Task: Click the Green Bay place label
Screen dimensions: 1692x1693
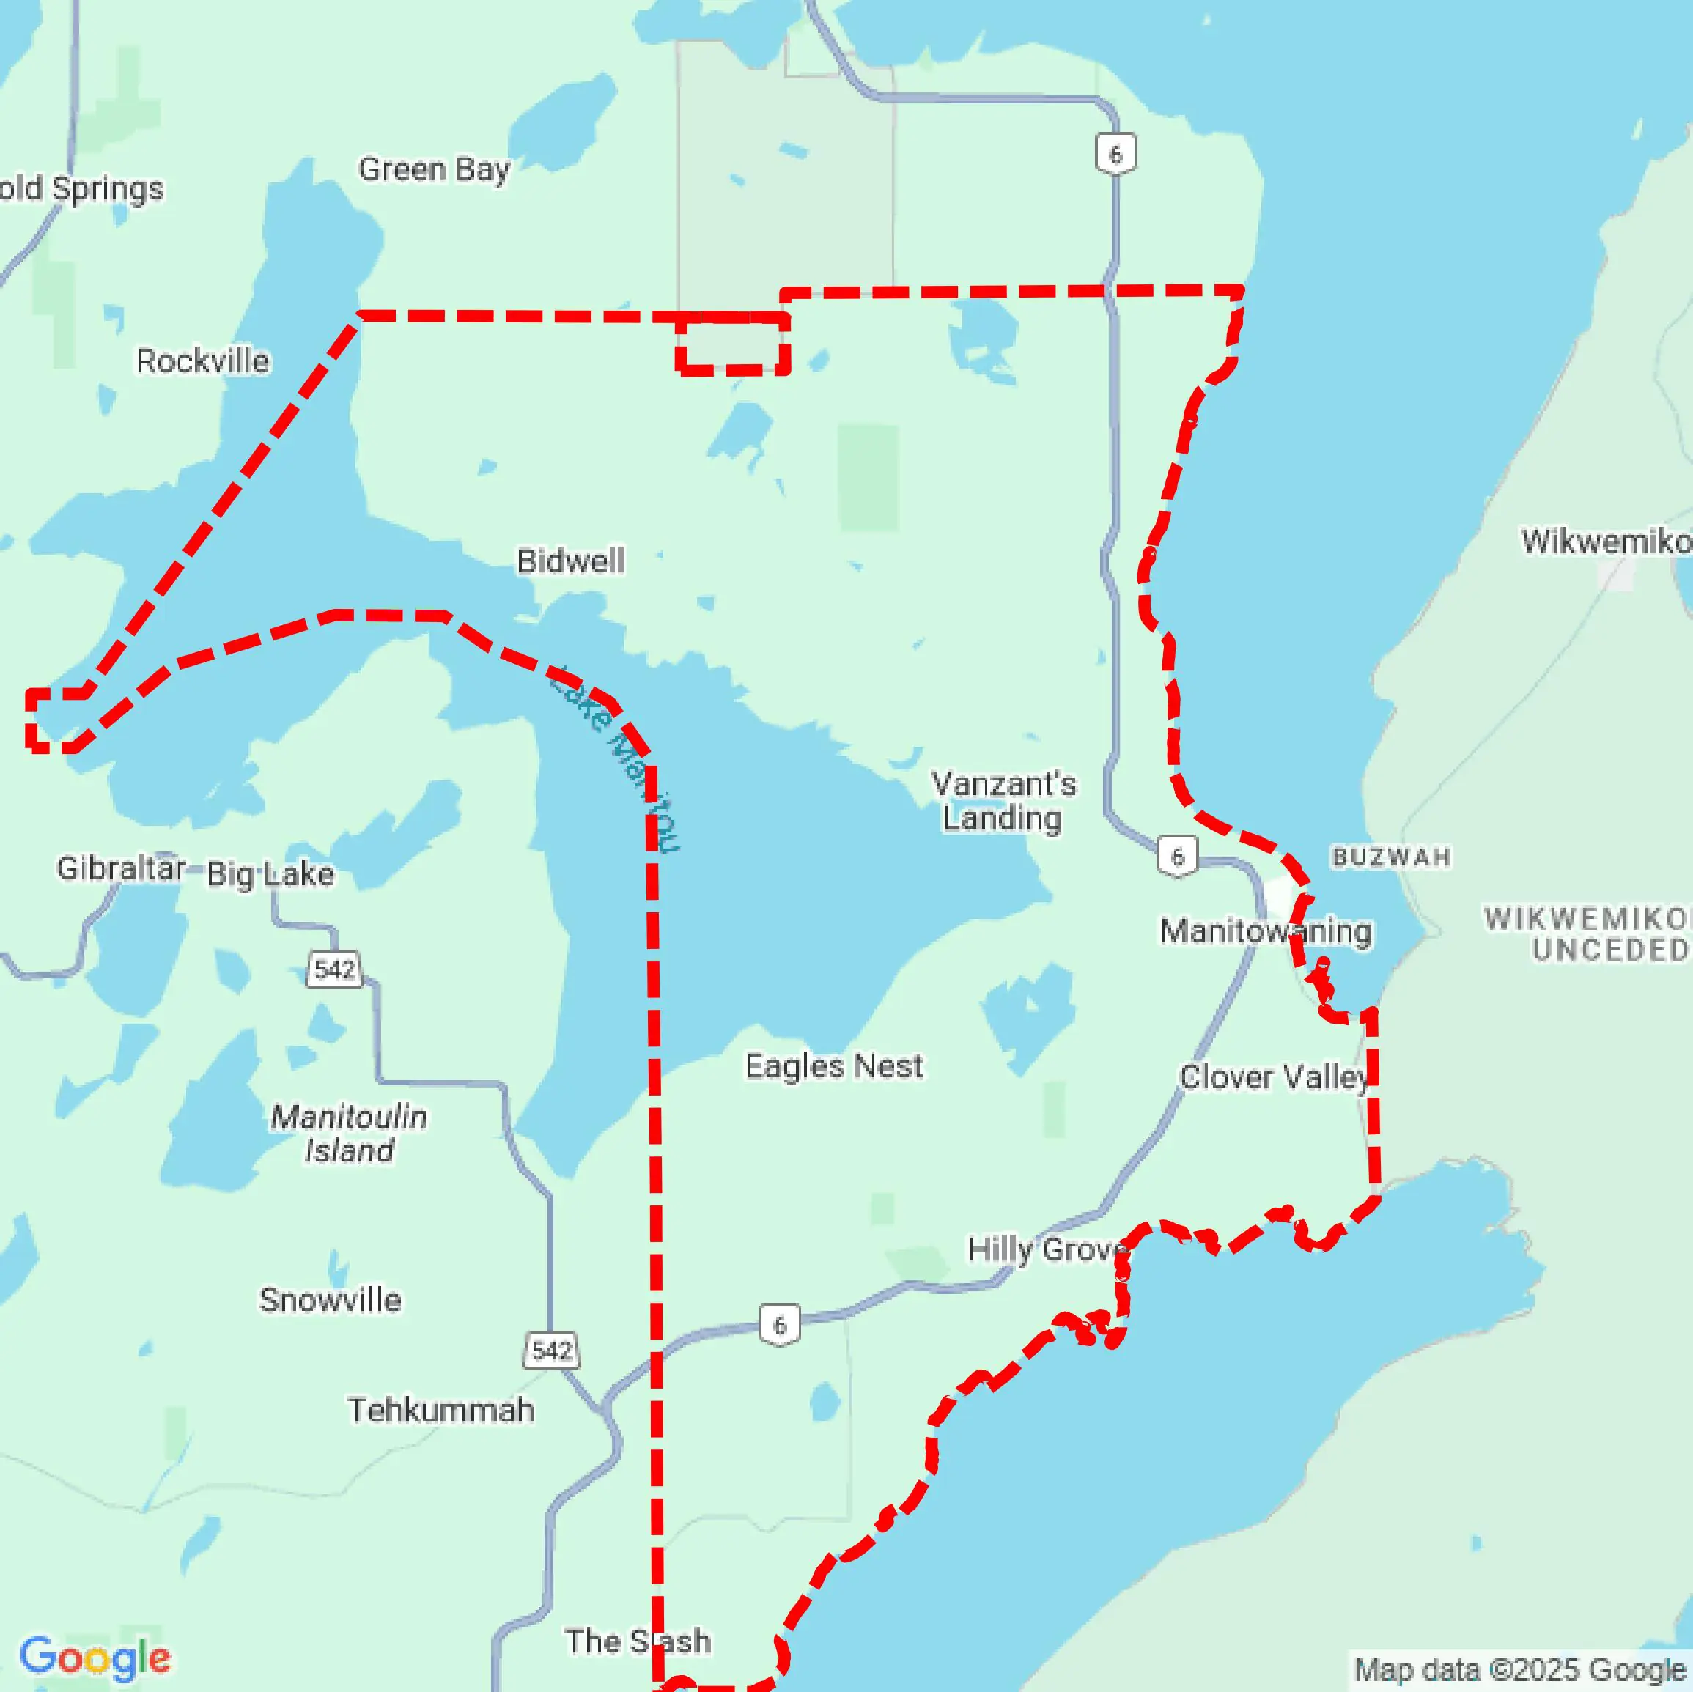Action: [434, 169]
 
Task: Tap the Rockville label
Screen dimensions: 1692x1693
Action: [202, 360]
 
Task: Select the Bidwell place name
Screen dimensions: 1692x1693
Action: [570, 561]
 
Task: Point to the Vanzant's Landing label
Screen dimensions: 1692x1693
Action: [1003, 800]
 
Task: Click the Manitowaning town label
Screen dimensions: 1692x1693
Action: [1266, 931]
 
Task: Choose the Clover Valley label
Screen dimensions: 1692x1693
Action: [1272, 1077]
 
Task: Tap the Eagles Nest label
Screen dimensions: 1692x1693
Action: [833, 1066]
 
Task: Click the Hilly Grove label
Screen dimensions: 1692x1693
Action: [1047, 1249]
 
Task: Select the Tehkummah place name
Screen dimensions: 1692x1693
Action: [440, 1410]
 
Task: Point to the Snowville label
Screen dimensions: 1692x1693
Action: [331, 1299]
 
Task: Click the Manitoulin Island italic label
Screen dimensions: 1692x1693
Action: [349, 1133]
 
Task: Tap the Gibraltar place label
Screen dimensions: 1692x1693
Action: [121, 868]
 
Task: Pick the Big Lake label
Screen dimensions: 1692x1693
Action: [270, 873]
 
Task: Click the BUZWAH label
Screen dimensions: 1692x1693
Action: [1391, 857]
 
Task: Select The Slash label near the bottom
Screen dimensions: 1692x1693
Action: [637, 1641]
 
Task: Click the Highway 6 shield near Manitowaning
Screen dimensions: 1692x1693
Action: [1177, 856]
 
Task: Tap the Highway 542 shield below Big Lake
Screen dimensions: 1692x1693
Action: [334, 970]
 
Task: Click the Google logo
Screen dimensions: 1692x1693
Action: [95, 1658]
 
